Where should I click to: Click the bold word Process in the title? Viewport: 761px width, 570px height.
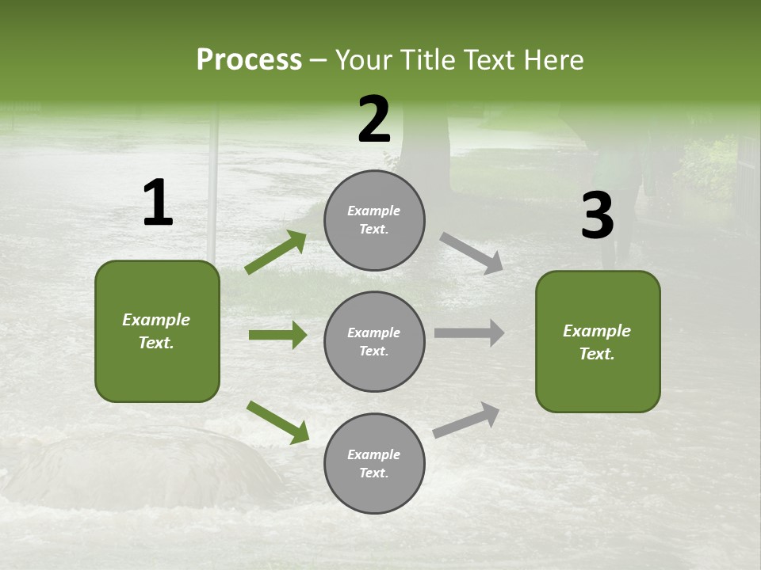pyautogui.click(x=249, y=60)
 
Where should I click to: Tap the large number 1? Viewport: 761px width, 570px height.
pyautogui.click(x=158, y=203)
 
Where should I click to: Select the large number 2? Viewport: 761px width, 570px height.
pyautogui.click(x=374, y=120)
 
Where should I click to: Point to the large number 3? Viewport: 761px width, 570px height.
pyautogui.click(x=597, y=216)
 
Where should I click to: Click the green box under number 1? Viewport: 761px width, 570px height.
pyautogui.click(x=157, y=331)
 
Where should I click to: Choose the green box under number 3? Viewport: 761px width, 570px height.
pyautogui.click(x=598, y=341)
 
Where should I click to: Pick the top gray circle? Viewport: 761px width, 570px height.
pyautogui.click(x=374, y=220)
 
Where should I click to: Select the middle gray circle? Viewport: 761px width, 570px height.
pyautogui.click(x=374, y=341)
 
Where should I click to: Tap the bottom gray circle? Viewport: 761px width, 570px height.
pyautogui.click(x=374, y=463)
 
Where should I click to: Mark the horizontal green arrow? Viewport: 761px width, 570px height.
pyautogui.click(x=277, y=335)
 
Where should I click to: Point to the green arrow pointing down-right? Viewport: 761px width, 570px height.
pyautogui.click(x=277, y=422)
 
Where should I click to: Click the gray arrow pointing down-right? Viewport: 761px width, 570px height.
pyautogui.click(x=471, y=253)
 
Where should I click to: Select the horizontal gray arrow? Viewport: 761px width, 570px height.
pyautogui.click(x=468, y=333)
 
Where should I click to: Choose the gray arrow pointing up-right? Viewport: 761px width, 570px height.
pyautogui.click(x=466, y=420)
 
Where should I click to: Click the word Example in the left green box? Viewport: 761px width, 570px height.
pyautogui.click(x=156, y=320)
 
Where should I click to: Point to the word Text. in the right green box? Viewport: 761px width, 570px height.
pyautogui.click(x=597, y=354)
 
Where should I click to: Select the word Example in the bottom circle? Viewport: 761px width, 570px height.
pyautogui.click(x=374, y=454)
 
